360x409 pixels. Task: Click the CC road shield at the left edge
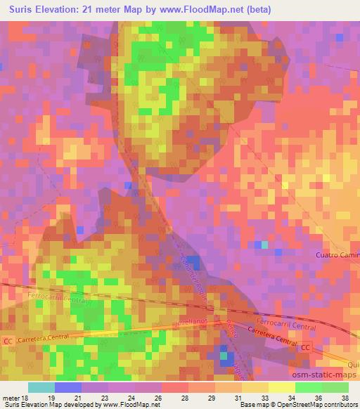coord(8,342)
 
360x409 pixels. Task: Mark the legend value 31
coord(236,397)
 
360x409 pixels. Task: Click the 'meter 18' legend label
coord(15,397)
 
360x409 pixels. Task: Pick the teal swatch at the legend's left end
coord(41,387)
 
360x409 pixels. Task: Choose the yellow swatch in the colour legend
coord(282,387)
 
